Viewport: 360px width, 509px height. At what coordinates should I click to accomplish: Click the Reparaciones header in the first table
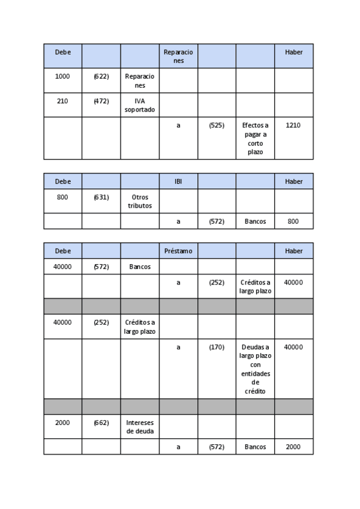(178, 56)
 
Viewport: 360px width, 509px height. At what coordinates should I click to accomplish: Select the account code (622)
(101, 76)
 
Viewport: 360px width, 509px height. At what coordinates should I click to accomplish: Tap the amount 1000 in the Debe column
(62, 76)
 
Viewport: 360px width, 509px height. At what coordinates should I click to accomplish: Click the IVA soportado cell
(140, 105)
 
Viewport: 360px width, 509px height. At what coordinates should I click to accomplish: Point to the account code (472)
(101, 101)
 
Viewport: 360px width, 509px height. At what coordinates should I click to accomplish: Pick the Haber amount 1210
(293, 125)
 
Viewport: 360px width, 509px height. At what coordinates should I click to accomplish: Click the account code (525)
(217, 125)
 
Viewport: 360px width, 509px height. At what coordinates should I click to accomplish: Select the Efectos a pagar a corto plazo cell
(255, 139)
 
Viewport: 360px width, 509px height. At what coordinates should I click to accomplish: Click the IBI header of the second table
(178, 181)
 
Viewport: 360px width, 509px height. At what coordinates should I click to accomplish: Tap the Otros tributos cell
(140, 201)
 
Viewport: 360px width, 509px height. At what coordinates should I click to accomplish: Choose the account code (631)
(101, 197)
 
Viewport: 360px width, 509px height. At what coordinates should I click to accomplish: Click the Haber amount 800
(293, 221)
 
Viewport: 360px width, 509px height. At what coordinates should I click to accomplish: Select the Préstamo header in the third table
(178, 251)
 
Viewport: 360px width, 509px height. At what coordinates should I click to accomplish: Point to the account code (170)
(217, 347)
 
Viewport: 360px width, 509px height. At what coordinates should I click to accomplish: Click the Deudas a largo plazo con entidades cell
(255, 369)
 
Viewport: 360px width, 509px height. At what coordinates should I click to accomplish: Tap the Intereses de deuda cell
(140, 427)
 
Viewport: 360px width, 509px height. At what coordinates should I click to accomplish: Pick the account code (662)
(101, 423)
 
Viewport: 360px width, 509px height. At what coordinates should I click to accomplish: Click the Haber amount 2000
(293, 447)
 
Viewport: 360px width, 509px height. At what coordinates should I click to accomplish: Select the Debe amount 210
(62, 101)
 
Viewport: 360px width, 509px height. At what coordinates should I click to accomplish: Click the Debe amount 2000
(62, 423)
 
